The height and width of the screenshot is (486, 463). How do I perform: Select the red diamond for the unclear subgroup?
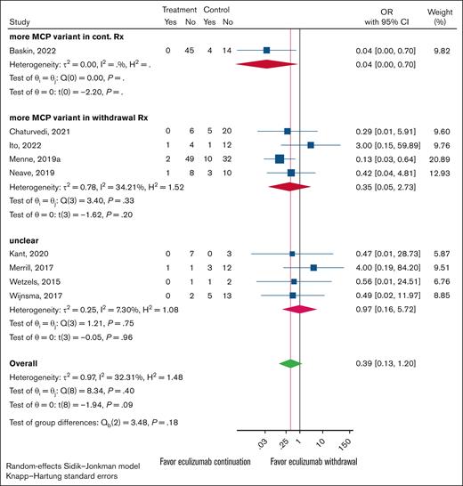click(x=300, y=309)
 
